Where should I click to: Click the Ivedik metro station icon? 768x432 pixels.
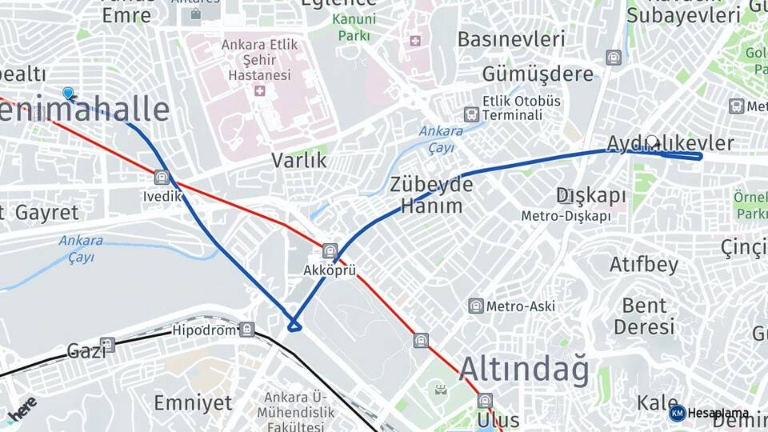click(162, 177)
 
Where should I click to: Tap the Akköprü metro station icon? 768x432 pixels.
click(330, 251)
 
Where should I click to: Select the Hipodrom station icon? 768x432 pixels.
click(246, 329)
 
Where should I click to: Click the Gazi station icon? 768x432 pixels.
click(107, 345)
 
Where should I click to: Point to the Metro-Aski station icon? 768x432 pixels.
click(476, 306)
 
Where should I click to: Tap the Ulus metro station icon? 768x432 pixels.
click(485, 400)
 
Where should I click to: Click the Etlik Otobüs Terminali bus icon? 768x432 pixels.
click(471, 114)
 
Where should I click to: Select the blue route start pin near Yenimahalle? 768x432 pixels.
click(68, 94)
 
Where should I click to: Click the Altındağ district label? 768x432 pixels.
click(524, 370)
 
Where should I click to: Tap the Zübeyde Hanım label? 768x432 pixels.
click(431, 194)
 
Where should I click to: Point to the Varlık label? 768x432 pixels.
click(299, 160)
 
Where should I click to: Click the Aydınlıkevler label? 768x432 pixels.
click(670, 143)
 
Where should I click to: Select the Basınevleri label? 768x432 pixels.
click(511, 38)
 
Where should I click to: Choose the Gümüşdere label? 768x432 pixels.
click(538, 74)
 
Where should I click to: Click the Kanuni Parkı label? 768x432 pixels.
click(354, 27)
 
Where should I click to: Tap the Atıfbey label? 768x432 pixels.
click(643, 264)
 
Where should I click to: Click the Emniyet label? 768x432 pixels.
click(193, 402)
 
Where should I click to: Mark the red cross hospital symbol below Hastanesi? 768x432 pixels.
click(259, 91)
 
